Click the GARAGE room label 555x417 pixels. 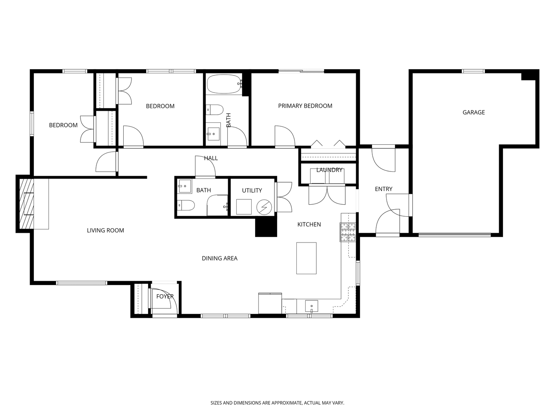(x=473, y=112)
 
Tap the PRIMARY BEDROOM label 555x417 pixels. (x=305, y=106)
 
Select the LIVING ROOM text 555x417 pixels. (x=105, y=231)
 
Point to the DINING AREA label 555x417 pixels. (x=219, y=258)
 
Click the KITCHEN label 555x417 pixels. (x=309, y=224)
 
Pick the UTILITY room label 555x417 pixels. (x=252, y=190)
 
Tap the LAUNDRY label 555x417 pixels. (x=329, y=170)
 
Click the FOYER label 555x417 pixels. (x=165, y=296)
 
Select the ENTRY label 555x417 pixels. (x=383, y=189)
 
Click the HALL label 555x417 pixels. (x=211, y=158)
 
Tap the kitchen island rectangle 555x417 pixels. (x=306, y=258)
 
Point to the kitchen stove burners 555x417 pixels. (x=348, y=232)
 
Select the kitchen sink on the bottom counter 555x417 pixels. (x=311, y=306)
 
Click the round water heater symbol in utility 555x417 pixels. (x=264, y=207)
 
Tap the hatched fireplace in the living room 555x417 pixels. (x=27, y=204)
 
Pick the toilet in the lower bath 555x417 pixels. (x=186, y=205)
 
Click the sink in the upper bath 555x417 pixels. (x=214, y=134)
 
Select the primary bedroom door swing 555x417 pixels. (x=285, y=136)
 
